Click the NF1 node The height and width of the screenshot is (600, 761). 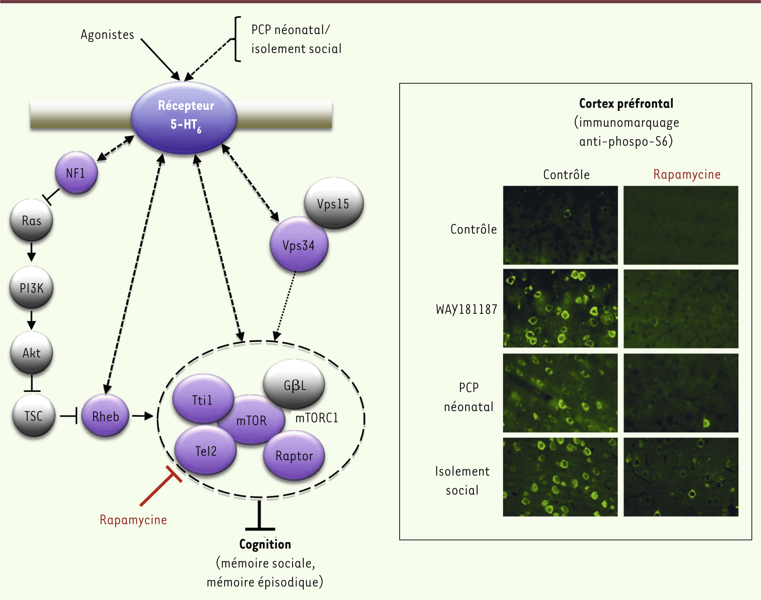coord(76,173)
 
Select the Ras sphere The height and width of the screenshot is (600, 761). coord(31,220)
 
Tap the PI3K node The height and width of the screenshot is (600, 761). coord(31,288)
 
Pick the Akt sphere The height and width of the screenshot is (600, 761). coord(31,353)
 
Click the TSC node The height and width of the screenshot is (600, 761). coord(33,416)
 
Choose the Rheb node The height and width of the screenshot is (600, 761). coord(105,416)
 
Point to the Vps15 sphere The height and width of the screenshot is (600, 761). coord(334,203)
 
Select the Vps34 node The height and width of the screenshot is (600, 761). coord(298,245)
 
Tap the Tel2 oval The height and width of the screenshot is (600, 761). coord(205,451)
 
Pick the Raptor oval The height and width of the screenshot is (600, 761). coord(294,456)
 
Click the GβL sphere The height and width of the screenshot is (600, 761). coord(295,385)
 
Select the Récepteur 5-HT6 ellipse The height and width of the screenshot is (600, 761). coord(184,117)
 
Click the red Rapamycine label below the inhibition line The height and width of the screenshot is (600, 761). coord(133,520)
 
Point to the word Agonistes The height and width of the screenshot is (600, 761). coord(108,34)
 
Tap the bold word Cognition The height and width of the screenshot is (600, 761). coord(265,544)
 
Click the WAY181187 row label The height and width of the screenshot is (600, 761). coord(466,309)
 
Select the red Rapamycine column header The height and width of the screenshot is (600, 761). coord(687,174)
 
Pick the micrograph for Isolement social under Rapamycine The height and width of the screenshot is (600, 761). coord(681,477)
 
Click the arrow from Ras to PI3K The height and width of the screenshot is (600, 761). coord(31,252)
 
